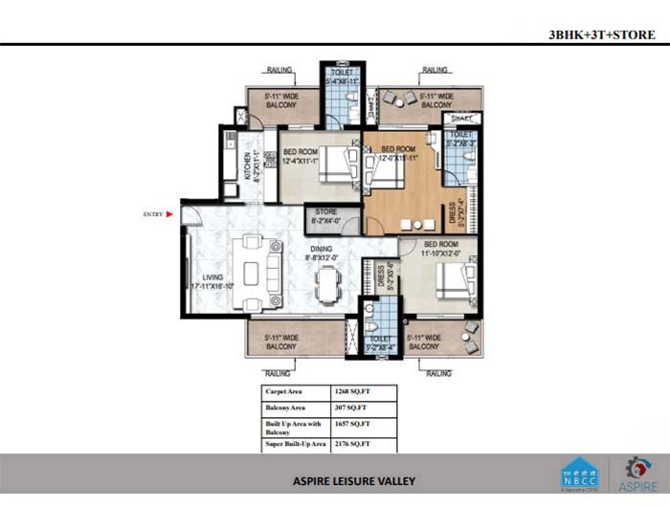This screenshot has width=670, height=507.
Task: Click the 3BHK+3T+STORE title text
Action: (x=601, y=35)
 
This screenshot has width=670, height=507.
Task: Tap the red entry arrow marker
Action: (x=170, y=214)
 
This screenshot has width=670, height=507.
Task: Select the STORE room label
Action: (x=325, y=215)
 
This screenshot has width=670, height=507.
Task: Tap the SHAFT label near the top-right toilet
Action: (x=460, y=119)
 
